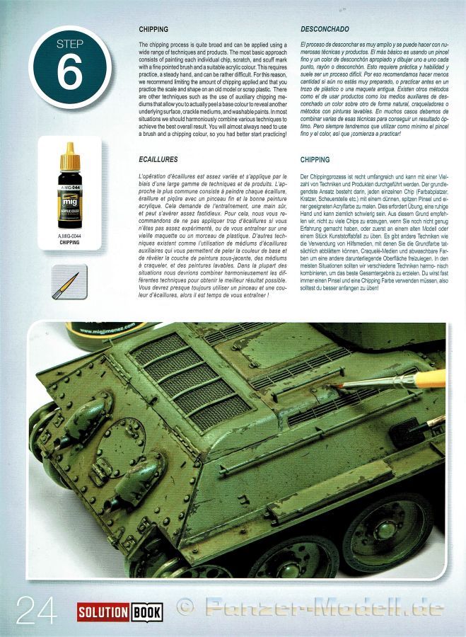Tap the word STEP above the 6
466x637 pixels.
[x=69, y=44]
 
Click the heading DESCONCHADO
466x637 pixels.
[x=324, y=30]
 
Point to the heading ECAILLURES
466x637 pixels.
[x=158, y=161]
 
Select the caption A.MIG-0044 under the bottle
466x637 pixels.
[x=69, y=236]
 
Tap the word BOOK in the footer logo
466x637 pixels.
[x=146, y=612]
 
